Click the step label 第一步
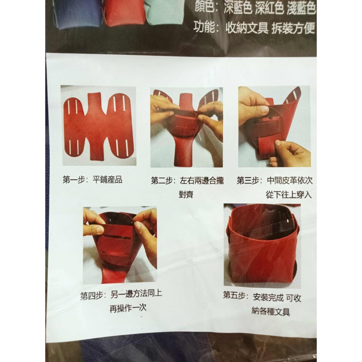coord(73,180)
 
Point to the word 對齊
coord(186,195)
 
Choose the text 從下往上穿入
coord(289,194)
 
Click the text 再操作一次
coord(128,309)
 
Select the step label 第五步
coord(235,296)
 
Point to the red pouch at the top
coord(124,13)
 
